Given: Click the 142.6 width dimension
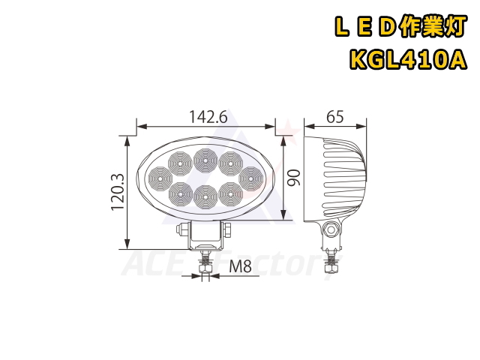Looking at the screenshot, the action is click(208, 117).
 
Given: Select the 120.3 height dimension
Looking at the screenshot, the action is click(118, 192).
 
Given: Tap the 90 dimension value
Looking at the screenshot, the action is click(294, 178).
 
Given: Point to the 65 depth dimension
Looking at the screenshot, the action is click(335, 117).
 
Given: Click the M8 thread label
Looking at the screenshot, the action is click(241, 266).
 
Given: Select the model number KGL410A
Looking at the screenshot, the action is click(409, 60).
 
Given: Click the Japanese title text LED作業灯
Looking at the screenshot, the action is click(401, 27).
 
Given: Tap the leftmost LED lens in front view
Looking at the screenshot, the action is click(160, 178).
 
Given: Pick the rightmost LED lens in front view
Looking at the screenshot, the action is click(251, 178).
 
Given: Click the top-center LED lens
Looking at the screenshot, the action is click(205, 160).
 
